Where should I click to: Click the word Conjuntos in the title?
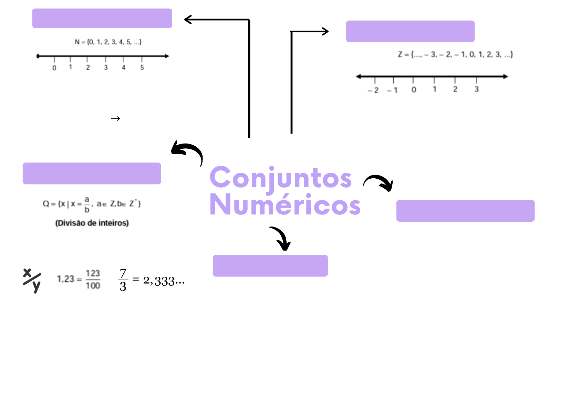click(x=280, y=178)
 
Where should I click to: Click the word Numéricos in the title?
click(x=285, y=205)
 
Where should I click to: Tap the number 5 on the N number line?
click(x=142, y=67)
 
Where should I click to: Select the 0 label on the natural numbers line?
click(x=54, y=68)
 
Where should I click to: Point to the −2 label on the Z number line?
click(x=373, y=90)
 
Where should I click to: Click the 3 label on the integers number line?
click(x=477, y=89)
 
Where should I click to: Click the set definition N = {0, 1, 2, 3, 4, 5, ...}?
click(x=108, y=42)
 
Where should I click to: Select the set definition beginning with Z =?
click(x=455, y=54)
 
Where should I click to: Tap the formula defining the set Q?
click(x=92, y=204)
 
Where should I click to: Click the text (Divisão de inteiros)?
click(x=92, y=223)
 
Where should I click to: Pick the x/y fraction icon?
click(x=32, y=280)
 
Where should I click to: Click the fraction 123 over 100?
click(x=93, y=279)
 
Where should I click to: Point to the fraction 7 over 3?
click(x=123, y=280)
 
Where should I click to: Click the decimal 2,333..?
click(x=164, y=281)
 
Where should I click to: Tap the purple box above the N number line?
click(x=102, y=18)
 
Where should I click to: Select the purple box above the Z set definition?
click(x=410, y=31)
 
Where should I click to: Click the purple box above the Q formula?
click(x=92, y=174)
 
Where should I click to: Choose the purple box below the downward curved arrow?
click(x=270, y=266)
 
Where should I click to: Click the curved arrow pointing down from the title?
click(x=281, y=238)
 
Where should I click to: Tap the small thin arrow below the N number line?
click(x=116, y=119)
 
